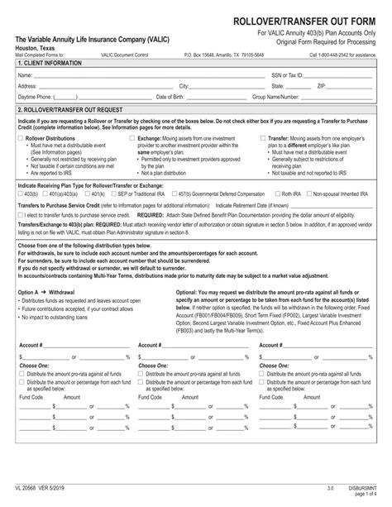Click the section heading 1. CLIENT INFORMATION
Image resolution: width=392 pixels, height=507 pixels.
click(51, 64)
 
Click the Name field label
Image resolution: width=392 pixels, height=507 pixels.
click(25, 74)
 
